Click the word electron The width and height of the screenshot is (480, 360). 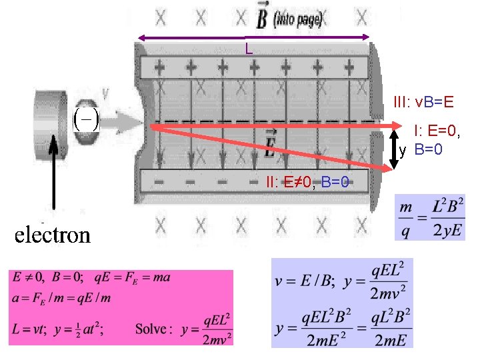pos(53,235)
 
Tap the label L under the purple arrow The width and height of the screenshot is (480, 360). pos(248,48)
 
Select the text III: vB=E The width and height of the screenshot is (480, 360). pos(424,102)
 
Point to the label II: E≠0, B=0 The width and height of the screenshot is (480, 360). pos(307,181)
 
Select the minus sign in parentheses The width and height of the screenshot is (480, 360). pos(85,121)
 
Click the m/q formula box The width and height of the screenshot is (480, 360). pos(430,217)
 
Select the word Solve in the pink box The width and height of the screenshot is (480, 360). pos(154,329)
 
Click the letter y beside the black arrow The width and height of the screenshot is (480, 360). pos(403,151)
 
